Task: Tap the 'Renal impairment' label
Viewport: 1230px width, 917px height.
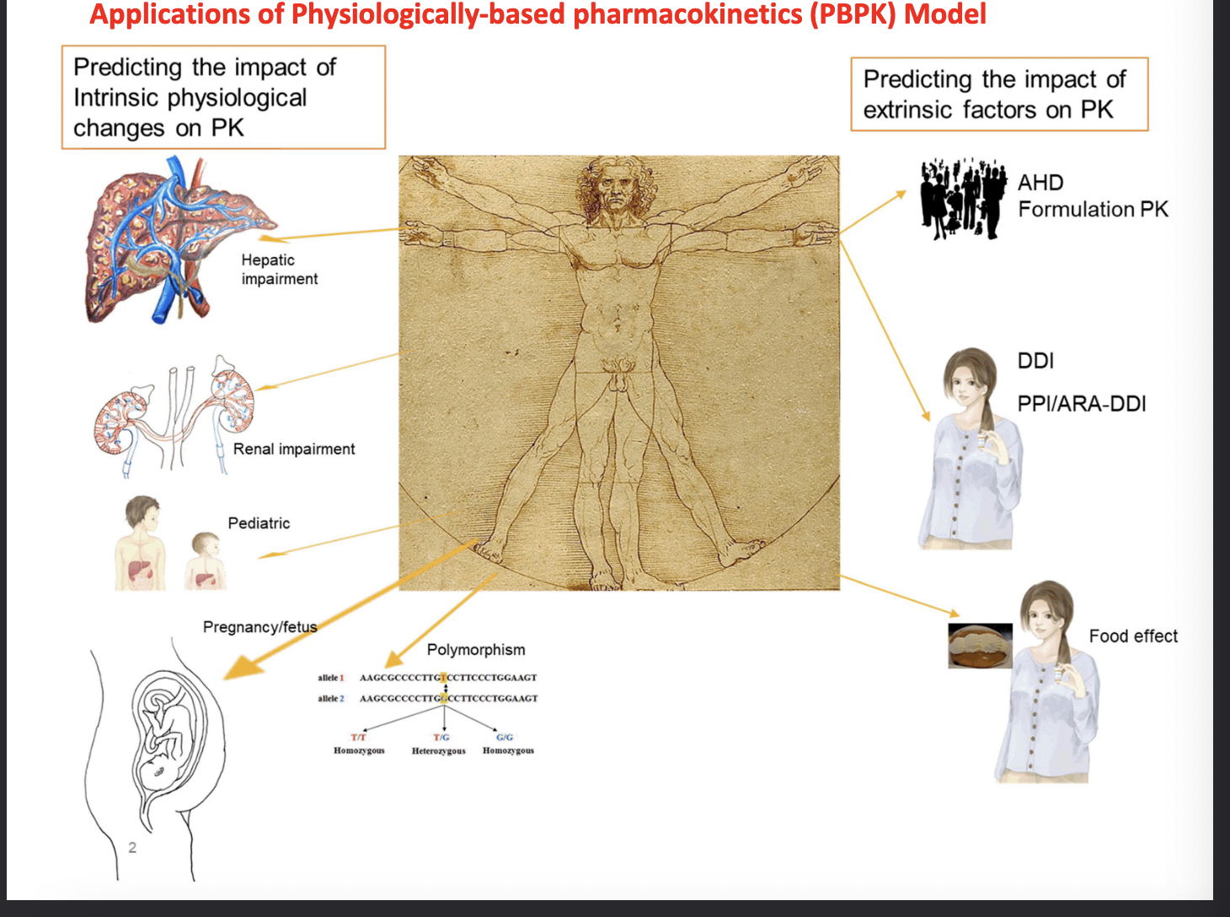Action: (294, 449)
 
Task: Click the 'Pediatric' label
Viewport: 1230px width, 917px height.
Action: (259, 523)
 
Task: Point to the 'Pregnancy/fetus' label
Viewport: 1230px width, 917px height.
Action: (259, 627)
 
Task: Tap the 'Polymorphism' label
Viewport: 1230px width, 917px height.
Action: (476, 650)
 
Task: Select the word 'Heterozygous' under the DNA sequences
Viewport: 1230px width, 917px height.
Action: (438, 751)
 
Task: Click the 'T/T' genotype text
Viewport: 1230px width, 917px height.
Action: (358, 737)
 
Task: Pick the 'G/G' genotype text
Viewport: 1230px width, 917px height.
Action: (505, 737)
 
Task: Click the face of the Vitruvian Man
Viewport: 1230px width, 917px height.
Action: (617, 192)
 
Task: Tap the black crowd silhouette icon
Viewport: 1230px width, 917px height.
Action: (963, 200)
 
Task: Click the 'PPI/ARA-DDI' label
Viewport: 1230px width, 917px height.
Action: (1082, 405)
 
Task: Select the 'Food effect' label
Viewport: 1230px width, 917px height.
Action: (1133, 636)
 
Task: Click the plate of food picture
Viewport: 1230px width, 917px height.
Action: (980, 646)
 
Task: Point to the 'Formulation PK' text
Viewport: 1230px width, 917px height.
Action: (1093, 210)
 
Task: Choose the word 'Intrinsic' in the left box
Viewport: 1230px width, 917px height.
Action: (117, 99)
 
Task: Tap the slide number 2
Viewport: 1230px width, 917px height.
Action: (132, 848)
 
